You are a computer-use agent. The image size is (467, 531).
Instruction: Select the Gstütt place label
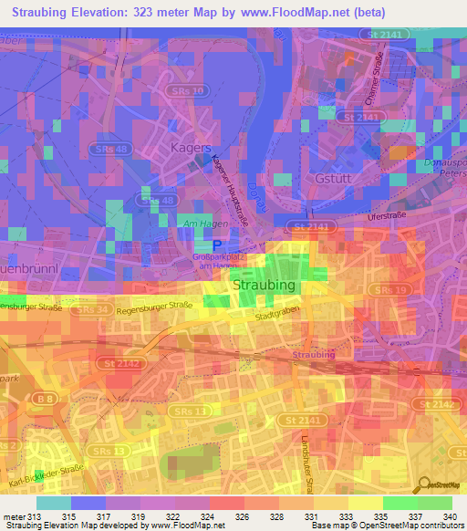[333, 178]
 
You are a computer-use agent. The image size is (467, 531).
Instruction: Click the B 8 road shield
[43, 398]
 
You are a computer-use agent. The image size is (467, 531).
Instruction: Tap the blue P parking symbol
[216, 246]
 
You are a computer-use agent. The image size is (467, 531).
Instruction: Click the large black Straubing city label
[265, 286]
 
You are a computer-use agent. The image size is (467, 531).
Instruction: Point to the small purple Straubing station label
[313, 353]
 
